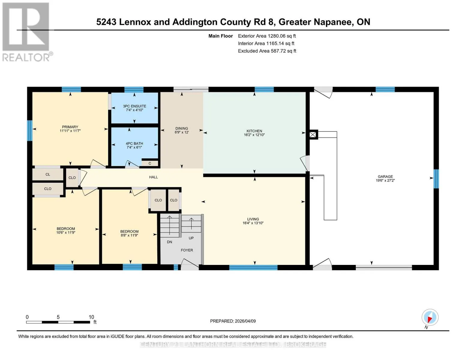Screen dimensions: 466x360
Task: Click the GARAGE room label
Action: point(385,176)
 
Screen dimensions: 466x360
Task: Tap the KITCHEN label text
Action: point(254,131)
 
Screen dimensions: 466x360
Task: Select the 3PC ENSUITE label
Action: point(134,106)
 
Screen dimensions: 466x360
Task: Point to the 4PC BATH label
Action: point(134,143)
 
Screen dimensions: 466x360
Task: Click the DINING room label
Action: point(182,128)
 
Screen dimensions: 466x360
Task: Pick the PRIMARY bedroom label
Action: point(70,127)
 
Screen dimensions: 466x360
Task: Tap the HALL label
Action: point(154,177)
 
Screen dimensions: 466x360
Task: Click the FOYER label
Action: point(187,250)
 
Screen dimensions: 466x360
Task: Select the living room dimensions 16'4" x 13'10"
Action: point(253,223)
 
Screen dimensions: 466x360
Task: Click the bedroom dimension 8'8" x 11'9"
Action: point(129,235)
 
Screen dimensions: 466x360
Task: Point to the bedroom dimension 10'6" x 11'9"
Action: point(66,232)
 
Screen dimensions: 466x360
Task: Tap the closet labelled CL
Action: point(48,175)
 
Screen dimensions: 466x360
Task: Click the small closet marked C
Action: point(150,163)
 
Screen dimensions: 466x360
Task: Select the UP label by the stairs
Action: point(191,238)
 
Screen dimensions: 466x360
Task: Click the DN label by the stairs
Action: point(170,242)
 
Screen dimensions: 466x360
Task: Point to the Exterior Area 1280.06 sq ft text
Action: point(267,36)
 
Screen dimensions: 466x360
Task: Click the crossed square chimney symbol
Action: point(313,135)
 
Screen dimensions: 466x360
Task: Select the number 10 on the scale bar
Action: point(92,317)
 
